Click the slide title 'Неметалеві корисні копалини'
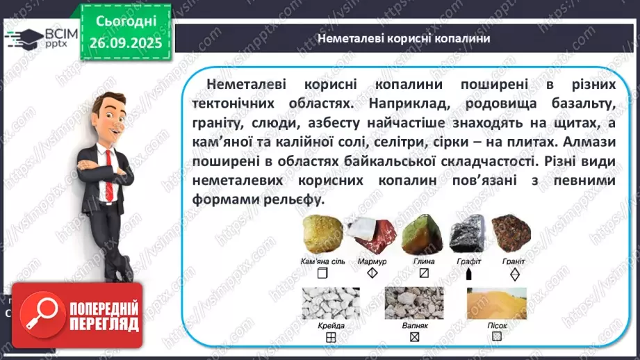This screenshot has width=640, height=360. point(404,39)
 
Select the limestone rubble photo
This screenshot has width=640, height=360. point(415,303)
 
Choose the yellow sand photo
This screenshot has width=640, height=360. point(496,303)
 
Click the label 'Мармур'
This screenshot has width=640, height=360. point(372,261)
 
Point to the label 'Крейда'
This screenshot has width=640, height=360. point(331,325)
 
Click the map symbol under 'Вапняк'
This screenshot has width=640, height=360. point(415,337)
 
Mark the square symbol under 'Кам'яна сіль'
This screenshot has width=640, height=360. point(322,273)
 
